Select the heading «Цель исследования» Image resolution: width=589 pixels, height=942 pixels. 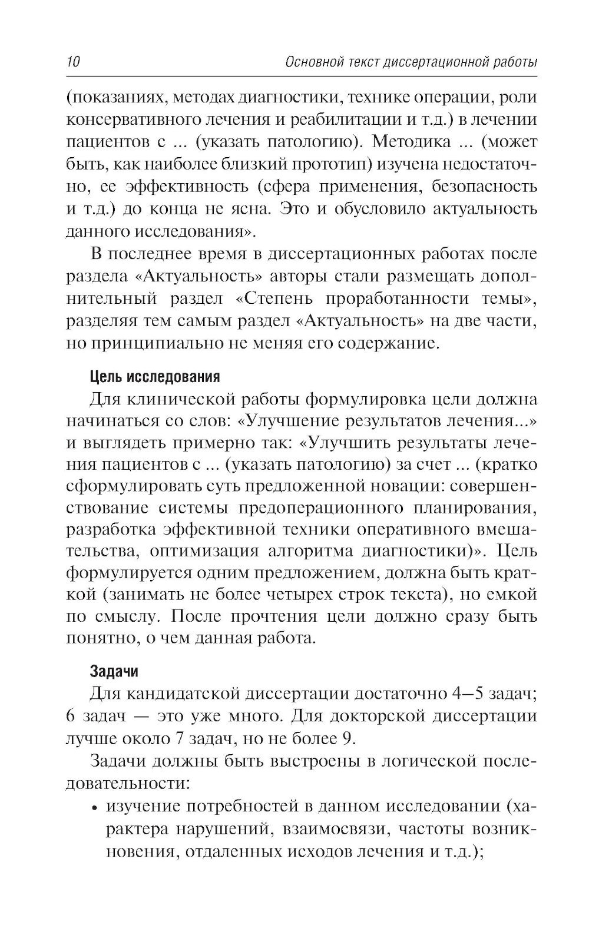[154, 376]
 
